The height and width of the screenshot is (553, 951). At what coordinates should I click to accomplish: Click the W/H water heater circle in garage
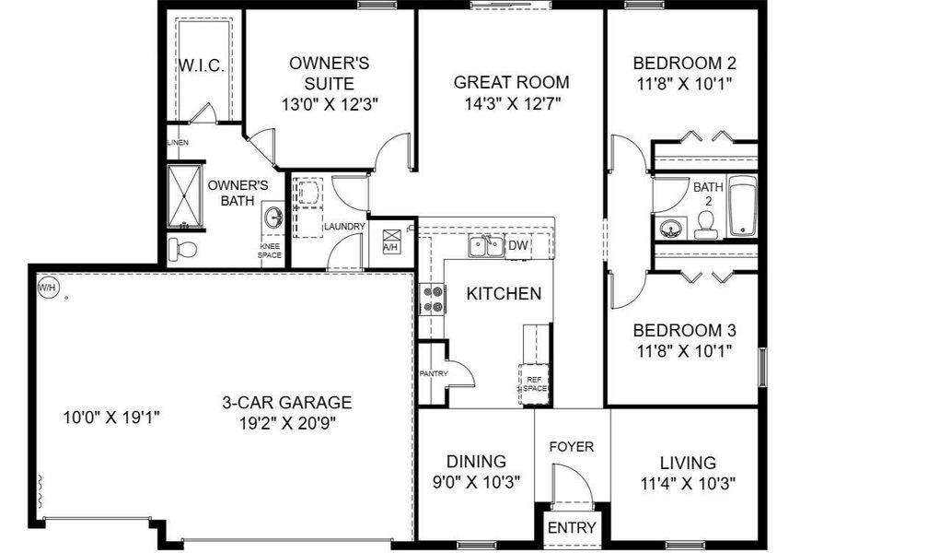pyautogui.click(x=46, y=288)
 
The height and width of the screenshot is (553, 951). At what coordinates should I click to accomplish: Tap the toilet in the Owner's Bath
pyautogui.click(x=181, y=249)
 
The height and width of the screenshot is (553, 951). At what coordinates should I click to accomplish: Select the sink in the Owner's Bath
pyautogui.click(x=273, y=218)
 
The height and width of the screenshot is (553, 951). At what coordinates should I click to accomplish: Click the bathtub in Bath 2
pyautogui.click(x=742, y=205)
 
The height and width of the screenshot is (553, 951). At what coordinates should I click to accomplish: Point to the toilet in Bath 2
pyautogui.click(x=707, y=224)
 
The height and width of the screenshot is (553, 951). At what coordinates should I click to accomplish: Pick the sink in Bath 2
pyautogui.click(x=670, y=227)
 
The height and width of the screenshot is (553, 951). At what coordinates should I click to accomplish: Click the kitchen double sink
pyautogui.click(x=485, y=246)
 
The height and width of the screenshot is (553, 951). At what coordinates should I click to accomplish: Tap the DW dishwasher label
pyautogui.click(x=518, y=245)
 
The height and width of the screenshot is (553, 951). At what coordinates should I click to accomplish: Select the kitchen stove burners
pyautogui.click(x=432, y=299)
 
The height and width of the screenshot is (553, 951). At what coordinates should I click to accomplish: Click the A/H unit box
pyautogui.click(x=391, y=241)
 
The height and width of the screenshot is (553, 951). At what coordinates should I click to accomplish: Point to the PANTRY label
pyautogui.click(x=433, y=374)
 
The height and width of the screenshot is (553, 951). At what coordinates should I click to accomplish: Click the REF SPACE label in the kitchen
pyautogui.click(x=536, y=382)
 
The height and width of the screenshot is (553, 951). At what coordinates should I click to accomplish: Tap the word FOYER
pyautogui.click(x=572, y=447)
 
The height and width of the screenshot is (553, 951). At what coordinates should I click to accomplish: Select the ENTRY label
pyautogui.click(x=572, y=528)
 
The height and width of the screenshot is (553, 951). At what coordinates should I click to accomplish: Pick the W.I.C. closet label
pyautogui.click(x=202, y=67)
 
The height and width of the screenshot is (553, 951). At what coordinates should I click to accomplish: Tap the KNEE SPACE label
pyautogui.click(x=270, y=251)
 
